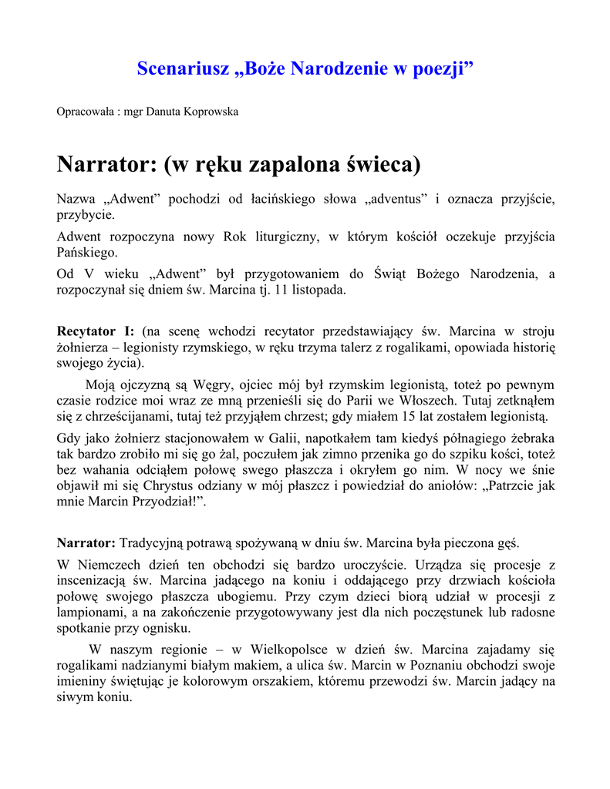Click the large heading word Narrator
click(x=104, y=164)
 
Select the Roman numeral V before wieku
click(x=86, y=275)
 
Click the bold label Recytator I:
click(x=96, y=331)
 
